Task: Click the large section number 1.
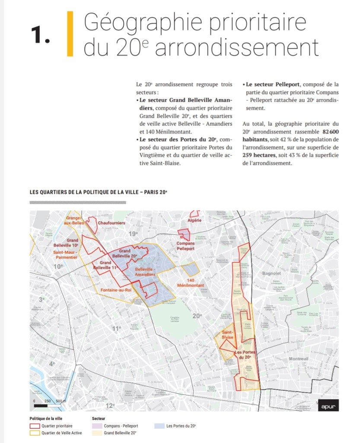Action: [40, 35]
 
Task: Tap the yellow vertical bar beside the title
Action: [70, 34]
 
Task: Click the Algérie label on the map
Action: [194, 220]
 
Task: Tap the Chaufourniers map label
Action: [111, 223]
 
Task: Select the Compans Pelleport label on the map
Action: [185, 246]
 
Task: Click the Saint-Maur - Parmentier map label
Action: [66, 254]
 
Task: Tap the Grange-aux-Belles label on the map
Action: [74, 220]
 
